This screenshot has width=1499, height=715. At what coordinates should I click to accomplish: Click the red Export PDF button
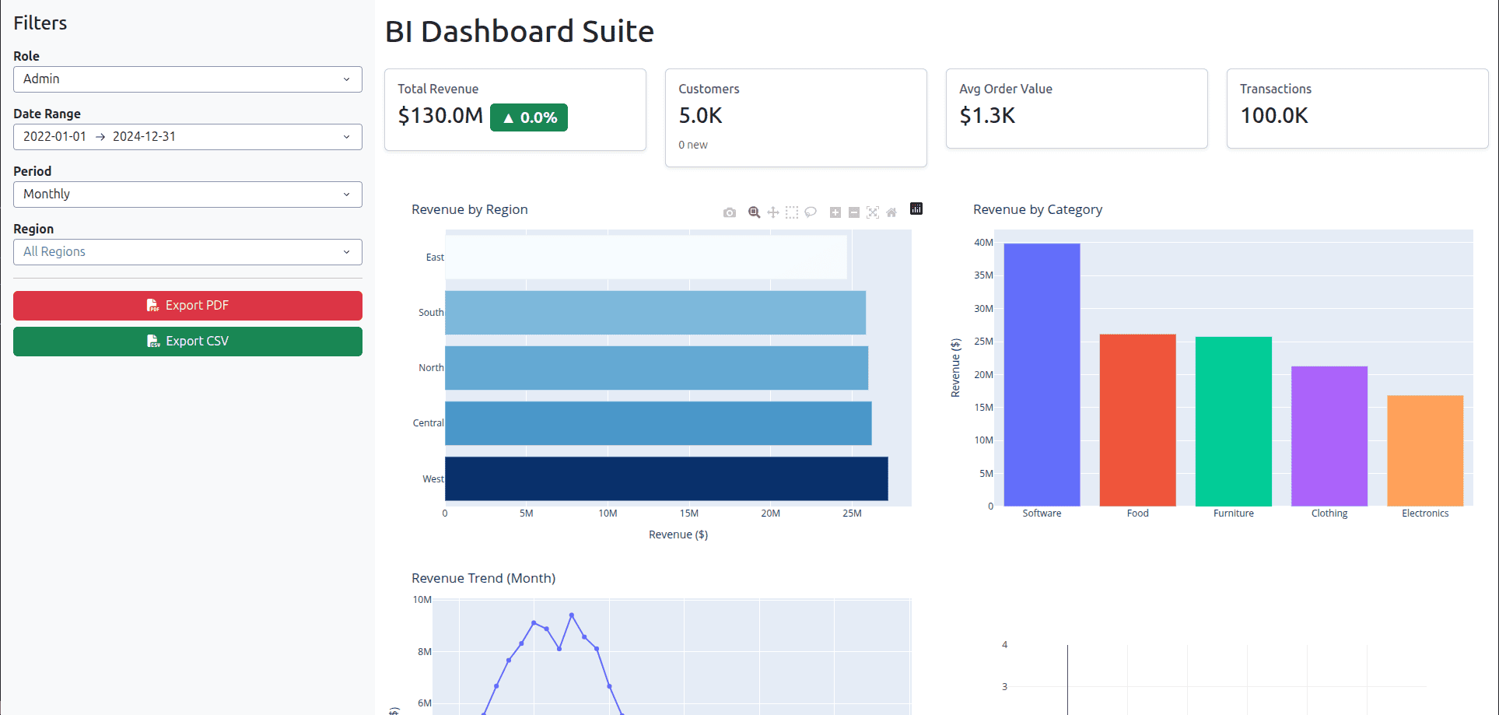(187, 306)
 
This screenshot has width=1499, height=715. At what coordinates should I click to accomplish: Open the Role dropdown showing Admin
(187, 79)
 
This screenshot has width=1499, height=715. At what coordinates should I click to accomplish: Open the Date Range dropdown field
(187, 137)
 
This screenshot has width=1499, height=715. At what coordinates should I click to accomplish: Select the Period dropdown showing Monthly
(187, 195)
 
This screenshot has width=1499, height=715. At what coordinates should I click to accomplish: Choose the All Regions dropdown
(187, 252)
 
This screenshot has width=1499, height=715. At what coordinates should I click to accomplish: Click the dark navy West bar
(666, 478)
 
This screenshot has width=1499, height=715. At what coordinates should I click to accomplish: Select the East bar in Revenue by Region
(646, 258)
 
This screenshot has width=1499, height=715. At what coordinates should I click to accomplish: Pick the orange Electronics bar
(1425, 450)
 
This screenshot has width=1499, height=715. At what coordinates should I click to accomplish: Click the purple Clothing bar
(1329, 436)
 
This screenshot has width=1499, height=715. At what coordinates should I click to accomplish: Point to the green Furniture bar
(1233, 421)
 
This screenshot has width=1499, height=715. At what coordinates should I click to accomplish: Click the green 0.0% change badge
(529, 117)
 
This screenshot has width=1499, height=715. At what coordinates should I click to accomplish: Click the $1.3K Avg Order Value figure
(987, 116)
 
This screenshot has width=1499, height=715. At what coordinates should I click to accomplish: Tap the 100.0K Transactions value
(1273, 116)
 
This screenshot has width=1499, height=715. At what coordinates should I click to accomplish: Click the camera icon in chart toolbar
(729, 212)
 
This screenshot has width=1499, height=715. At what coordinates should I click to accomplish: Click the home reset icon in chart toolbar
(891, 212)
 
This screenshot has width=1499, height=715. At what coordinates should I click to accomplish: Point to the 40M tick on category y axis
(983, 243)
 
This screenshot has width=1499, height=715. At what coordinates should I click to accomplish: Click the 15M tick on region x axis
(688, 513)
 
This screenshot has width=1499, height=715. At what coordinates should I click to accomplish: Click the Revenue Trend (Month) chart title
(483, 578)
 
